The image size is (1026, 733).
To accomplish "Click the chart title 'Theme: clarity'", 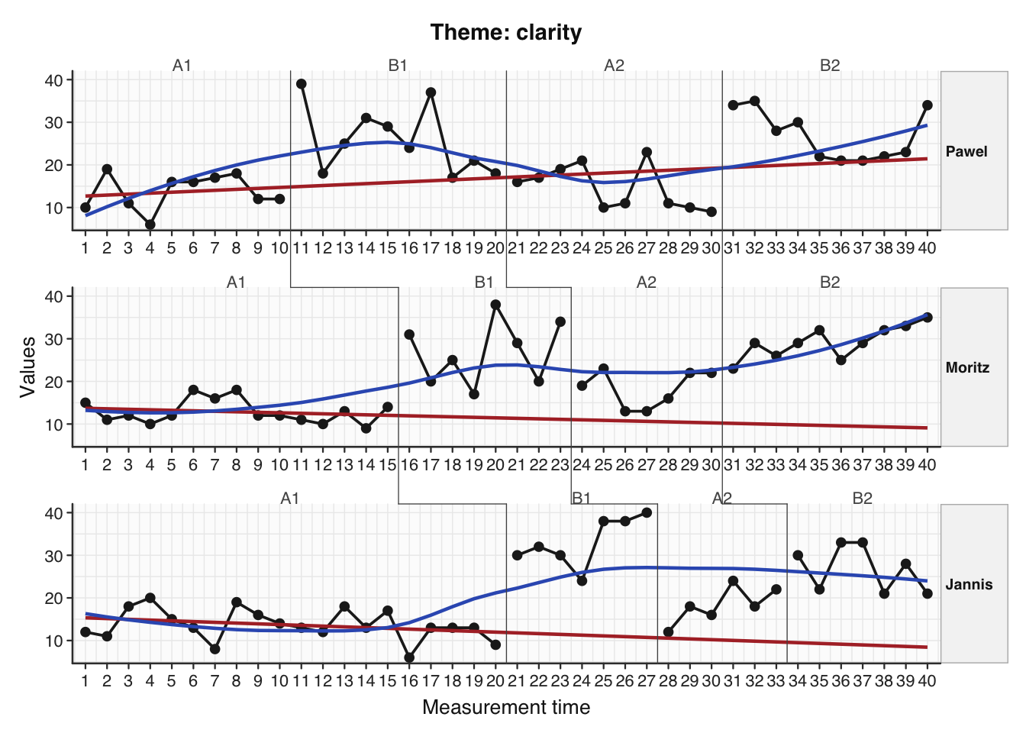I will [x=505, y=33].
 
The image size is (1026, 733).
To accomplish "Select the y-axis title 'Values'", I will [x=28, y=366].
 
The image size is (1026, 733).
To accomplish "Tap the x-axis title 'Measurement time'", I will [x=505, y=707].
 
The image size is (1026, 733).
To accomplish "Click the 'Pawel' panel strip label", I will [x=966, y=151].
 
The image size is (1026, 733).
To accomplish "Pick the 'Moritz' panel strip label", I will [x=966, y=367].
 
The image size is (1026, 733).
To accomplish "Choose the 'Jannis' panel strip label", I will [x=968, y=584].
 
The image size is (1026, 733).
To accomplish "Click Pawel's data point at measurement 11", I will [x=302, y=84].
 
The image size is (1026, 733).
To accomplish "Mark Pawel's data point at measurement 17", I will [x=431, y=92].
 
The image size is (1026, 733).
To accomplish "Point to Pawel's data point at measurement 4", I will [x=150, y=224].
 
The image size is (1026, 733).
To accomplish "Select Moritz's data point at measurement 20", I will [x=495, y=305].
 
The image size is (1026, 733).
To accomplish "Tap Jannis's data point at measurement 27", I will [x=647, y=513].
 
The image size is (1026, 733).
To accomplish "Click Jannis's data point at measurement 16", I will [x=409, y=657].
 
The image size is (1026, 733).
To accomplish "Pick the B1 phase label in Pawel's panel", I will [x=398, y=66].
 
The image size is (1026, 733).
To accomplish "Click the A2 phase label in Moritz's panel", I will [x=646, y=283].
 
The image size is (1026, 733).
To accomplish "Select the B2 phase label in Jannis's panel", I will [x=862, y=499].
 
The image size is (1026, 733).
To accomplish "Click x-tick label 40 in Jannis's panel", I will [x=927, y=680].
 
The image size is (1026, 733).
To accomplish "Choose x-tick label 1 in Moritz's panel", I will [x=85, y=464].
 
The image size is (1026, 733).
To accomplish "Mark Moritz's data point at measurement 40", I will [x=927, y=318].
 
